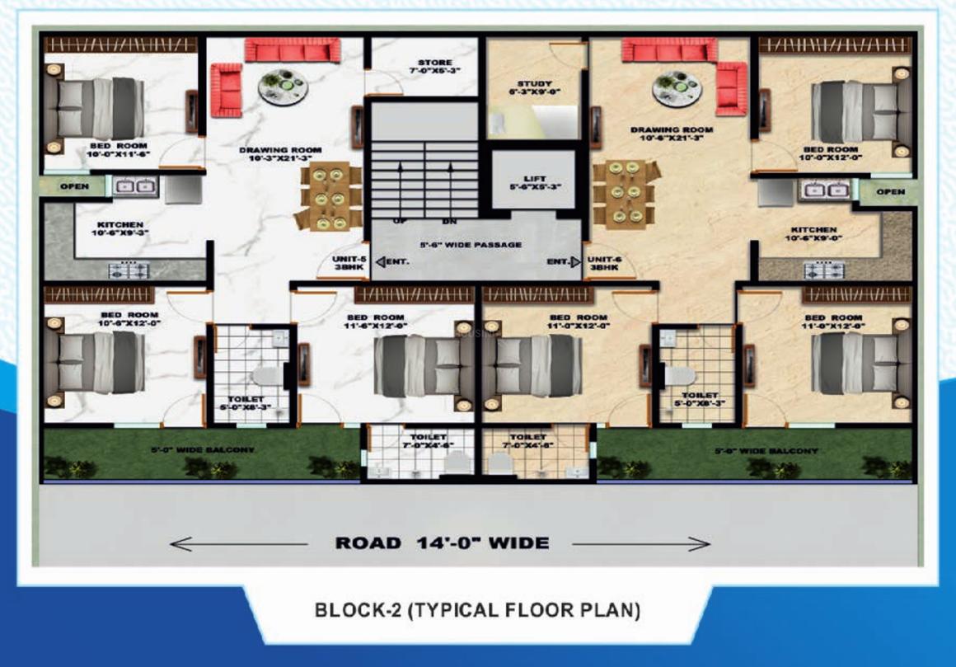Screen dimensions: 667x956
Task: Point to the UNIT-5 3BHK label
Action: [344, 263]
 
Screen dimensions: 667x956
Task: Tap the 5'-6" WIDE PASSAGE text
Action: [471, 245]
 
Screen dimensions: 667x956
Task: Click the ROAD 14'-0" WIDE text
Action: [441, 543]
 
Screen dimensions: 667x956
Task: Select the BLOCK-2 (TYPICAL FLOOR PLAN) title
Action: [477, 611]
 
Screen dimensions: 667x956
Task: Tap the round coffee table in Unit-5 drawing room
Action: [283, 85]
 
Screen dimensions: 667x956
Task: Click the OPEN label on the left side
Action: [74, 187]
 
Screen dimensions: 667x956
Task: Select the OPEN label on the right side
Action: [890, 191]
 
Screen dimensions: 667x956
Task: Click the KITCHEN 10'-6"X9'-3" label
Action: [120, 229]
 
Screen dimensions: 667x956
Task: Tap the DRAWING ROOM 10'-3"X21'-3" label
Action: [280, 155]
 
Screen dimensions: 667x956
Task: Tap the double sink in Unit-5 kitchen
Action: [134, 188]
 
